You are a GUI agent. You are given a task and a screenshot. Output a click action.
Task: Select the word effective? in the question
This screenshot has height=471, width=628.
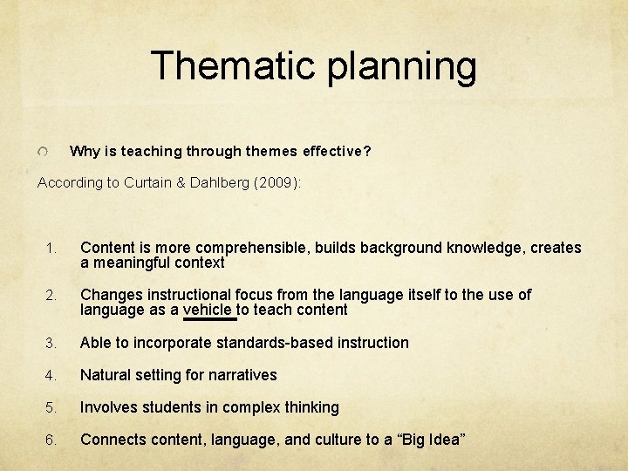tap(337, 152)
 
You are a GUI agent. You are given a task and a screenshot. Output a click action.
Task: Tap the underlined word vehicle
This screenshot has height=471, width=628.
tap(208, 311)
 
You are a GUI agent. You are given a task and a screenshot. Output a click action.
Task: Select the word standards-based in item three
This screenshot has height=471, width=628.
tap(273, 343)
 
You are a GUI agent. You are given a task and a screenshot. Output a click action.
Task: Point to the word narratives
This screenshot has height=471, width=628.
tap(242, 375)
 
